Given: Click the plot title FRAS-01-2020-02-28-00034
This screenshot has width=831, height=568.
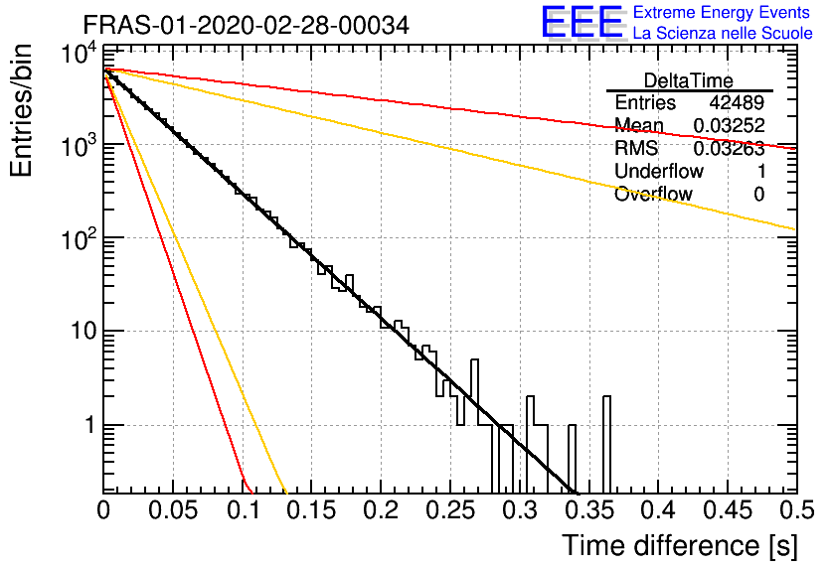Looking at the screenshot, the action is (247, 25).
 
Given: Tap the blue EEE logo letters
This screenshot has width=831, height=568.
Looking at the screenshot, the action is (582, 22).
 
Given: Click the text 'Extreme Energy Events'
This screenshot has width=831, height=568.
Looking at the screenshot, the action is (722, 12).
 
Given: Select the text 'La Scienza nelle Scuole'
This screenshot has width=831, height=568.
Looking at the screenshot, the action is (723, 33).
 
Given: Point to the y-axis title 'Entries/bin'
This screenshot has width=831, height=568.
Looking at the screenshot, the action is (21, 110).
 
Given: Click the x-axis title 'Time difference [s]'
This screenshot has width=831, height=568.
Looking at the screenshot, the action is (680, 545).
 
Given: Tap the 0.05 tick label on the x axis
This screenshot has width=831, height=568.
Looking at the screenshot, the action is (173, 510).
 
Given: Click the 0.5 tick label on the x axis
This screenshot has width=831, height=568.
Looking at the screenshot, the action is (797, 510).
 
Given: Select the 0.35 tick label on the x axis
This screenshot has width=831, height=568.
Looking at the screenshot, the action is (589, 510).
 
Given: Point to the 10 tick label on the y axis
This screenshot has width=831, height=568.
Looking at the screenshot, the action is (84, 332).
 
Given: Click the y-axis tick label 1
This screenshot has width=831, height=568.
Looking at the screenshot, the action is (91, 425).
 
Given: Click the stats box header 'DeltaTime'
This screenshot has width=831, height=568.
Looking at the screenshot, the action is (689, 80).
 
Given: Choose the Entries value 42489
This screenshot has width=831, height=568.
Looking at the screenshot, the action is (737, 102).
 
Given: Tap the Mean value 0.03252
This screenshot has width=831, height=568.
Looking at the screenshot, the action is (730, 125).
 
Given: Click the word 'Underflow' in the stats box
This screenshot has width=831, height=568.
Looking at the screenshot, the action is (659, 171).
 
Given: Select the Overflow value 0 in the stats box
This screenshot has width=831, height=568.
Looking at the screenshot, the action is (759, 195).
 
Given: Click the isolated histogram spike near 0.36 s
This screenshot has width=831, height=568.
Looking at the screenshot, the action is (606, 444).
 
